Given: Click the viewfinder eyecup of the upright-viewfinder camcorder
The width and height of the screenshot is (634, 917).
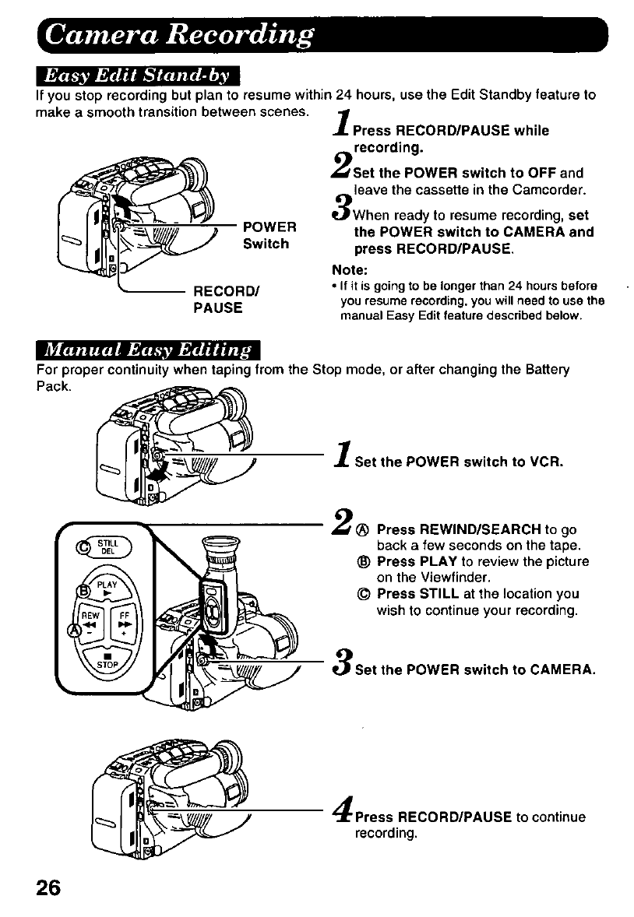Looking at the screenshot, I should pyautogui.click(x=220, y=547).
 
